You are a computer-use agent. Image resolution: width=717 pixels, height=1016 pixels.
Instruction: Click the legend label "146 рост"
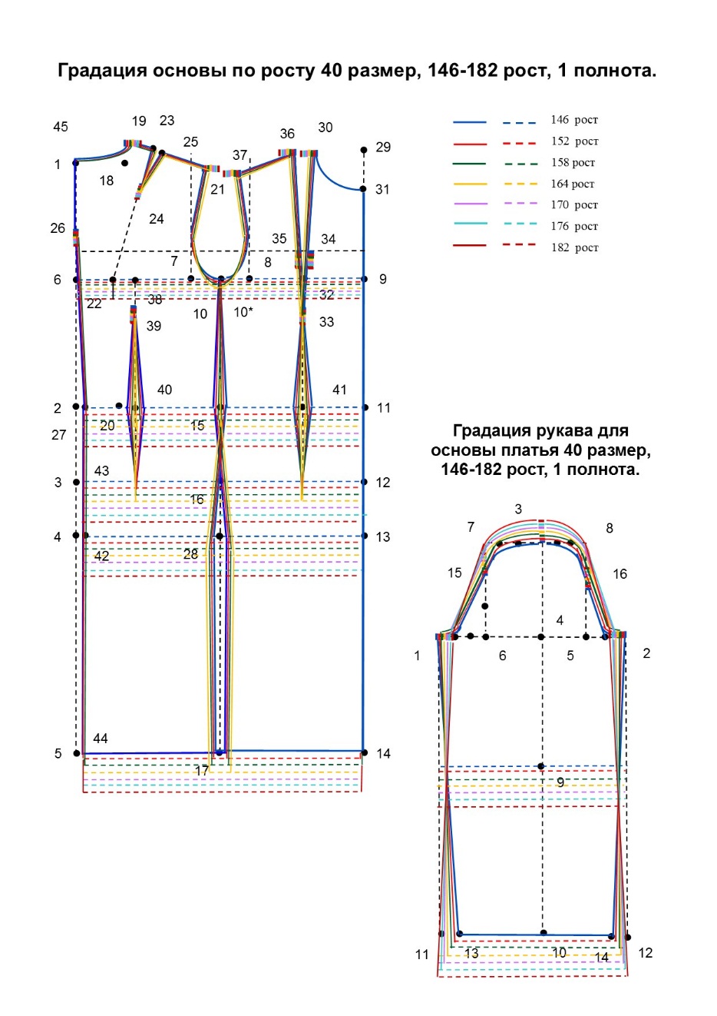click(x=574, y=120)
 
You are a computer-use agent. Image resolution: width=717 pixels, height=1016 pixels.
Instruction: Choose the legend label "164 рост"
click(x=572, y=184)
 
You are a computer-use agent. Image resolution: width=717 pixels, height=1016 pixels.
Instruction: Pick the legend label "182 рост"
click(x=574, y=247)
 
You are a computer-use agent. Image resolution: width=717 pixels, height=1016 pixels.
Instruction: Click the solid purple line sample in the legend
click(x=470, y=204)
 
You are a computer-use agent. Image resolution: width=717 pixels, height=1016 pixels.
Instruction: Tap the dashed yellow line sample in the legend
click(x=520, y=184)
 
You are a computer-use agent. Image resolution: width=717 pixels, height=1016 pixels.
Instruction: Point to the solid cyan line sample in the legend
click(x=470, y=224)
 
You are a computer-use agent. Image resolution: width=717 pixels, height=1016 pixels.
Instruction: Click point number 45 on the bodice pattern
click(x=60, y=127)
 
